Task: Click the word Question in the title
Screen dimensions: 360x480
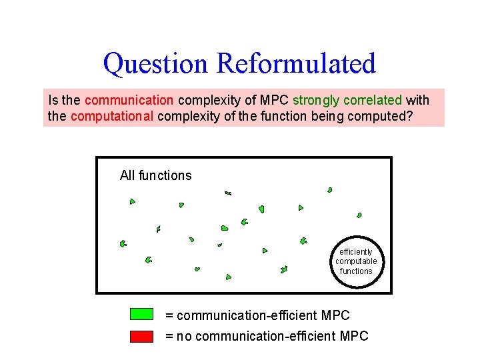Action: pos(156,63)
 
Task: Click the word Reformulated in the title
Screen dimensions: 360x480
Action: pos(296,63)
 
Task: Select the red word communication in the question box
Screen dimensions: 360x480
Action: pos(129,101)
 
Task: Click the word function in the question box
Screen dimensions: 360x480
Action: pos(292,116)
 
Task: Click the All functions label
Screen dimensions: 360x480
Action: pos(155,175)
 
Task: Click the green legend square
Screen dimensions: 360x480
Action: pos(141,315)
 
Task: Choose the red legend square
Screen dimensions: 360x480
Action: pos(141,336)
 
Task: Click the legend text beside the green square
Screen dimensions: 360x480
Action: pos(257,315)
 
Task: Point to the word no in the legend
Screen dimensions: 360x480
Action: pos(185,336)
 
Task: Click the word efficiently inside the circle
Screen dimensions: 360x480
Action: pos(356,252)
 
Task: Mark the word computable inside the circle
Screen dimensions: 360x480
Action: pos(356,261)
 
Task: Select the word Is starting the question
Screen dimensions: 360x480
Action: pos(53,101)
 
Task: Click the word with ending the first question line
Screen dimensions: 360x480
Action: pos(418,101)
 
